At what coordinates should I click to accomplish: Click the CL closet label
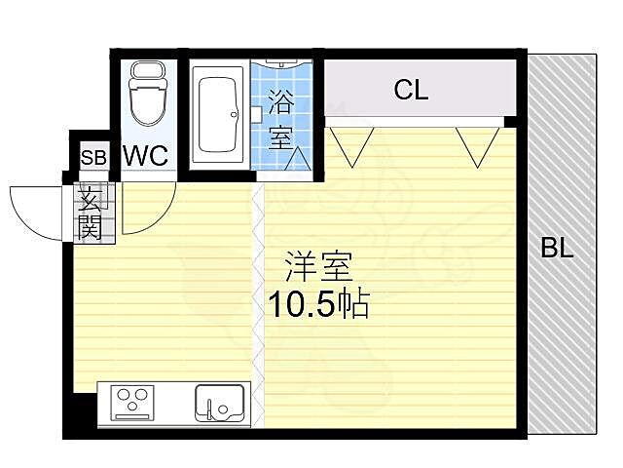click(x=411, y=91)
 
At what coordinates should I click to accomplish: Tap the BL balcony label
click(x=557, y=248)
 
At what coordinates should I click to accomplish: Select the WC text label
click(x=146, y=155)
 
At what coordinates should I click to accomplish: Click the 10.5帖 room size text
click(x=318, y=305)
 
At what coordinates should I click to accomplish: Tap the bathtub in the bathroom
click(x=219, y=115)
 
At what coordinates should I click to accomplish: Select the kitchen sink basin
click(x=219, y=403)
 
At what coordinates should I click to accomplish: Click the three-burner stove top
click(x=134, y=403)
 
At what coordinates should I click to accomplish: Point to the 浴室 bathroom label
click(x=280, y=117)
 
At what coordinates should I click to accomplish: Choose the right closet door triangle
click(x=477, y=143)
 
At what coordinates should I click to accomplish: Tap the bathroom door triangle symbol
click(x=298, y=157)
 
